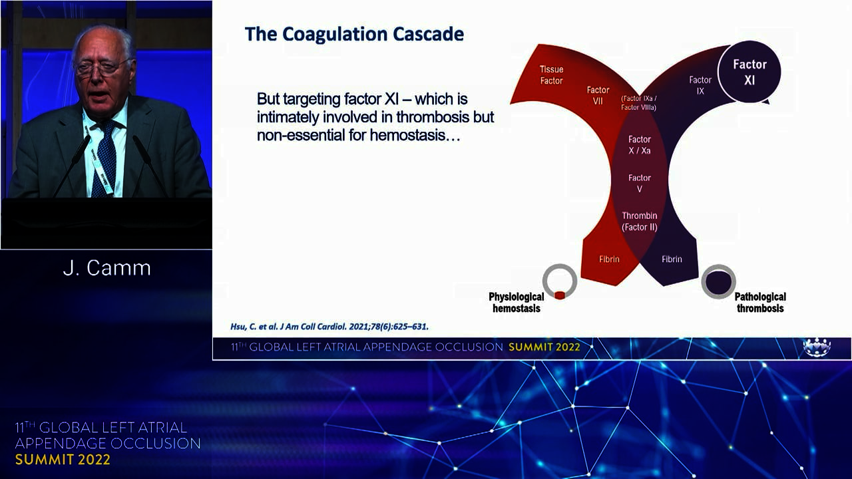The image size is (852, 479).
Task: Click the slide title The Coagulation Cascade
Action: [355, 34]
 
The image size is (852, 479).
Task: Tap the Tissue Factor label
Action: [551, 75]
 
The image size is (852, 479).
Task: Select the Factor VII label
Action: [598, 95]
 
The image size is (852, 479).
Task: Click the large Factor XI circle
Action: [749, 72]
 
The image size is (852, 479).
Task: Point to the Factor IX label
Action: [700, 86]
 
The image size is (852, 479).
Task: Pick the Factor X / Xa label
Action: [640, 145]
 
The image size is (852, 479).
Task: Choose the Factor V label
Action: [640, 183]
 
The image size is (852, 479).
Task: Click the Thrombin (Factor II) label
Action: [640, 222]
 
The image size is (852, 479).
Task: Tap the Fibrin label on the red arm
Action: [609, 259]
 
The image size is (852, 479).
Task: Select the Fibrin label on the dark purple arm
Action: [672, 259]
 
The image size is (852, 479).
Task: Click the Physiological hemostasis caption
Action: [516, 303]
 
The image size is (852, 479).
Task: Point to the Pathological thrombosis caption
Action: [760, 303]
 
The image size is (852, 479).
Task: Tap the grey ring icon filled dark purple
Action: [718, 281]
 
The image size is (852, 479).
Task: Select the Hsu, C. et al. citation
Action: [329, 327]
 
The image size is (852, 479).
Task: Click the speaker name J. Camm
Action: [107, 268]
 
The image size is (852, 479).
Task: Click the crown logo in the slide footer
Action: [817, 347]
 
